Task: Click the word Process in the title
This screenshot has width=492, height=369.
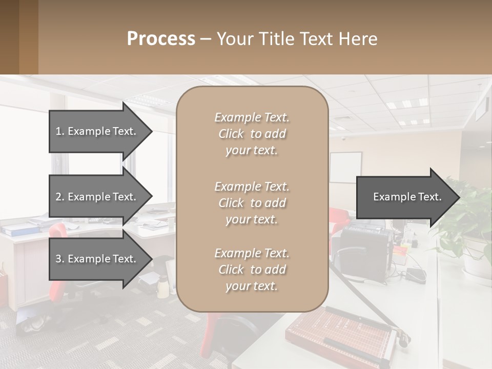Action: click(161, 39)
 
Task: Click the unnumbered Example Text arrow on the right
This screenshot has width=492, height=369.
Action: click(407, 197)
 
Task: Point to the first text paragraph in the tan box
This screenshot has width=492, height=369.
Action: click(252, 134)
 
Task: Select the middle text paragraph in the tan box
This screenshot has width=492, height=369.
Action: click(252, 202)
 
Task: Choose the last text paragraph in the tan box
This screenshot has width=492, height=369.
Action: click(252, 270)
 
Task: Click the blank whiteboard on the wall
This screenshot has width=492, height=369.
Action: click(345, 168)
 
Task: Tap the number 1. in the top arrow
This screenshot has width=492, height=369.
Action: click(60, 131)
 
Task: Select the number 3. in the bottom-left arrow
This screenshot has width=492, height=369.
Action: click(60, 259)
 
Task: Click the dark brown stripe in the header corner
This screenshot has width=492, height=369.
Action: click(9, 37)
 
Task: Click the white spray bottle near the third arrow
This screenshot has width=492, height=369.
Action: click(163, 284)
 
